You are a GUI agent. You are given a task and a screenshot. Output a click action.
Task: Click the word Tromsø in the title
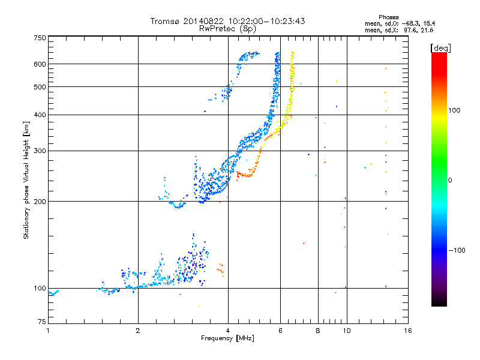[166, 21]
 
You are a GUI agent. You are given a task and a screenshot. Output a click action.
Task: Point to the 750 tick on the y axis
[40, 37]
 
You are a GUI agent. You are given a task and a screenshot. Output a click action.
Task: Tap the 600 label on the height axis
[40, 64]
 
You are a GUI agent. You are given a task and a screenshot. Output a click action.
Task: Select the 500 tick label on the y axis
[40, 86]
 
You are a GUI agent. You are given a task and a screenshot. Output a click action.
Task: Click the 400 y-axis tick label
[40, 115]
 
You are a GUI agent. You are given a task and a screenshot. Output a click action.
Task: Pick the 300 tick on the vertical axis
[40, 151]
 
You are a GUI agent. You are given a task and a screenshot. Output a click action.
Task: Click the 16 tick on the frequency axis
[407, 331]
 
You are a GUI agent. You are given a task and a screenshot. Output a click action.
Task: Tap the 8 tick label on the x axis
[318, 331]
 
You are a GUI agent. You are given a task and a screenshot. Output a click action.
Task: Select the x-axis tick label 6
[281, 331]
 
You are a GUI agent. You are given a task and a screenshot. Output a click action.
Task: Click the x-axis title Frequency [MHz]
[227, 339]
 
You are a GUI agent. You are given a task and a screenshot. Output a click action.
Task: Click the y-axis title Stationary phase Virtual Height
[26, 180]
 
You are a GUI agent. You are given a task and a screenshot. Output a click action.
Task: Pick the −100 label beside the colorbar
[460, 250]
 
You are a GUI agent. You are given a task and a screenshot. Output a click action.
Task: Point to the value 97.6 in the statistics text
[406, 29]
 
